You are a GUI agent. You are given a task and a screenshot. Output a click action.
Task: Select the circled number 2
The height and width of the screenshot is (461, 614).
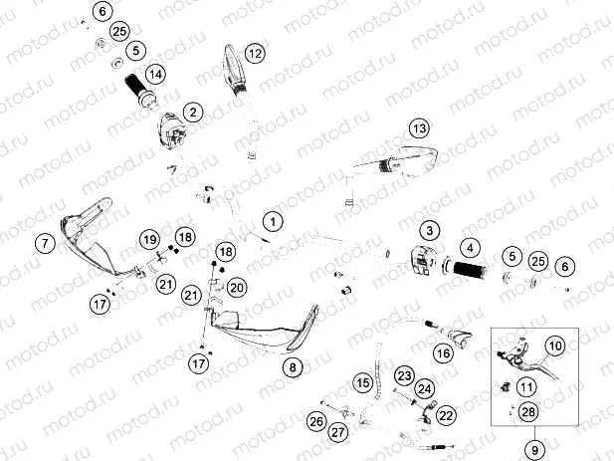coord(191,114)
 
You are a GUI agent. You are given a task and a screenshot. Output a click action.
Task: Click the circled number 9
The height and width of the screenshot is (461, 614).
coord(536,449)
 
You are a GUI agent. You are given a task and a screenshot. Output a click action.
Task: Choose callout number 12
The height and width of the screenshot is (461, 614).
coord(255,54)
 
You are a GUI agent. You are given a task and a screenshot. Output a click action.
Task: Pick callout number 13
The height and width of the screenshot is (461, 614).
coord(420,128)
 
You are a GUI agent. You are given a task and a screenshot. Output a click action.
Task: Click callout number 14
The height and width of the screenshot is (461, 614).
coord(154,74)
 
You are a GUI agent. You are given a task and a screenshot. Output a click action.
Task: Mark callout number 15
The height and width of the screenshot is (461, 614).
coord(364,382)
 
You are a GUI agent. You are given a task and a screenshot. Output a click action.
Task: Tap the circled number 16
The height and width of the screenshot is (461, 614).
coord(443,351)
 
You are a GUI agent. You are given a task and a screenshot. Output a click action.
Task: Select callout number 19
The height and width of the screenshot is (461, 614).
coord(148,240)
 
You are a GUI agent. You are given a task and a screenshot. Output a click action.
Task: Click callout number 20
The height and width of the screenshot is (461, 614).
coord(236,288)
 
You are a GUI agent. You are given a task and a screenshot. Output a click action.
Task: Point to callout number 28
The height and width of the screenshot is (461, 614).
coord(527,411)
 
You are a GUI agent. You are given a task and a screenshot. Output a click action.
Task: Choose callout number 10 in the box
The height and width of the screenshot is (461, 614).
coord(555,346)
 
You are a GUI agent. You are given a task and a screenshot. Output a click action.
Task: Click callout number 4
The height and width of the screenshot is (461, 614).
coord(469,248)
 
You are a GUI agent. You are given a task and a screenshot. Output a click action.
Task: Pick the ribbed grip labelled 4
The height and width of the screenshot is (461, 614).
coord(469,269)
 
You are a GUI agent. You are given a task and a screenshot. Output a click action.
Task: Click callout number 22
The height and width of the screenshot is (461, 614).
coord(446,414)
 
